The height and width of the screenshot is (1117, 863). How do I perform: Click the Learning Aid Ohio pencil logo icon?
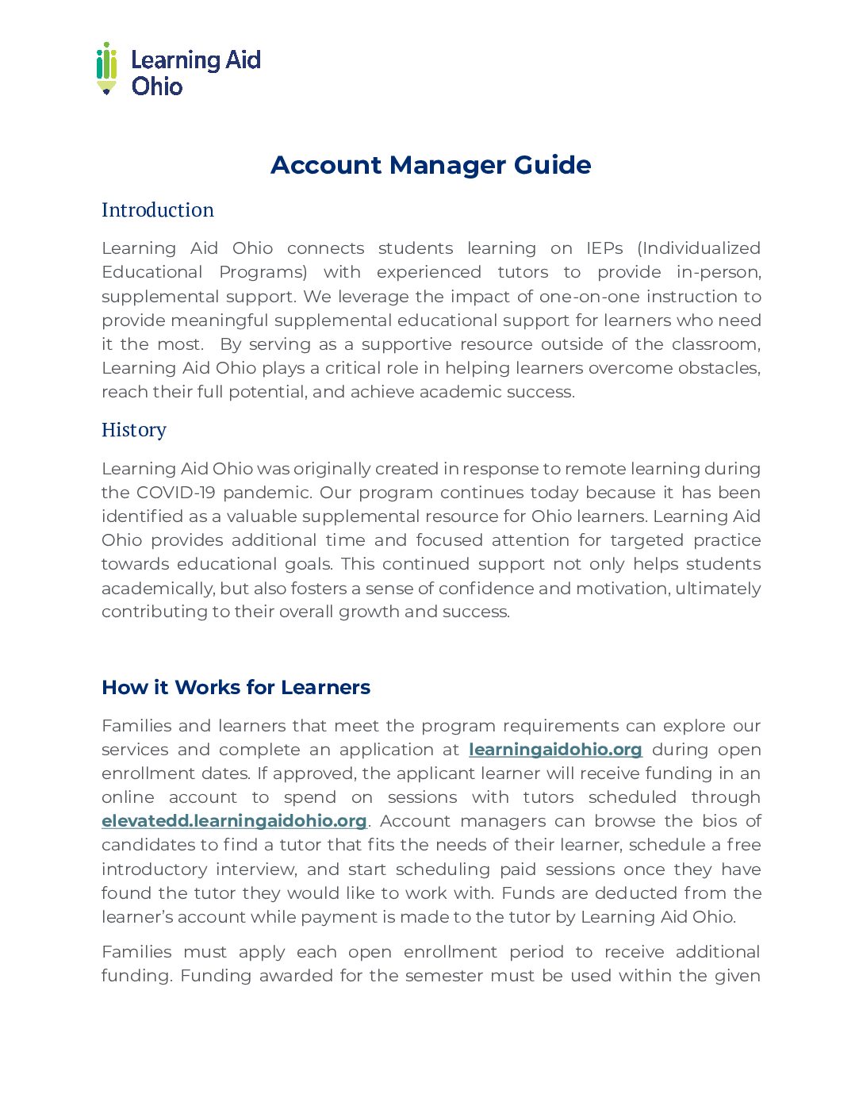(x=107, y=68)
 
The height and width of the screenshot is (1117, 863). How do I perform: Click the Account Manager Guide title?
(x=431, y=165)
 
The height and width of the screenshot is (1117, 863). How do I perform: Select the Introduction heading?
(x=158, y=210)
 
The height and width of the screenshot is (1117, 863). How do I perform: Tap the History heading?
(x=134, y=430)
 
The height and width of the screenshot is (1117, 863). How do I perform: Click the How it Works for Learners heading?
(x=236, y=687)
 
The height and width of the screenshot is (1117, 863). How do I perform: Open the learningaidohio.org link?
(x=555, y=750)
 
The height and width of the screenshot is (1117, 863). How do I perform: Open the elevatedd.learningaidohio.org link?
(x=234, y=821)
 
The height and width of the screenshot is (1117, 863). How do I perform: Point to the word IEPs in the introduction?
(x=604, y=248)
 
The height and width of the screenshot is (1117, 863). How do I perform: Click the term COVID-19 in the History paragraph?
(x=175, y=493)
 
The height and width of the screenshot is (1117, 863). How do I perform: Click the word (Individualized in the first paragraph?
(x=699, y=248)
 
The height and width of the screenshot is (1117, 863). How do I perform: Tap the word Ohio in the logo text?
(x=157, y=86)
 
